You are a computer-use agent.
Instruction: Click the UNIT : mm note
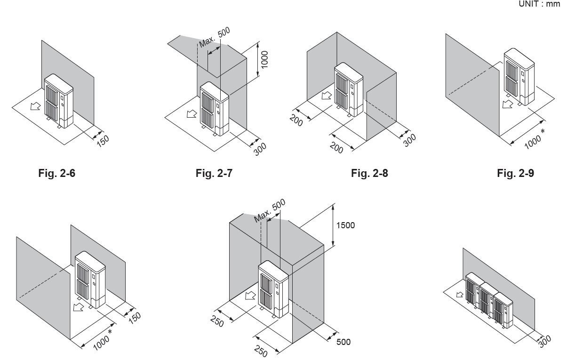[x=539, y=4]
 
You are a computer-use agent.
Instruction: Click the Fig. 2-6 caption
[x=57, y=173]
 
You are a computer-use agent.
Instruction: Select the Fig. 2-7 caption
[x=214, y=173]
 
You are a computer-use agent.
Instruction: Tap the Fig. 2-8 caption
[x=369, y=173]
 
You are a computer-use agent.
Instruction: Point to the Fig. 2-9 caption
[x=515, y=173]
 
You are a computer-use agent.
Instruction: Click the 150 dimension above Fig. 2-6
[x=103, y=141]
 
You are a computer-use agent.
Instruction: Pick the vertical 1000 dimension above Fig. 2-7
[x=264, y=60]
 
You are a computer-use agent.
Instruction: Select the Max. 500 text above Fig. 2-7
[x=215, y=37]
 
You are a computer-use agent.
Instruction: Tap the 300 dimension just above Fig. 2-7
[x=260, y=149]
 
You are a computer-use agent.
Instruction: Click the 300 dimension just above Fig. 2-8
[x=409, y=140]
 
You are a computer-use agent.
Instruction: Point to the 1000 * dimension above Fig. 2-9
[x=535, y=139]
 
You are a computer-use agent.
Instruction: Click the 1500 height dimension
[x=345, y=225]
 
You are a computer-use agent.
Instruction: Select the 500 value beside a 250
[x=343, y=342]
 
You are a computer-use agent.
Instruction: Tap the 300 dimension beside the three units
[x=545, y=342]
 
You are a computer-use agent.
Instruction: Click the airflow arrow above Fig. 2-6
[x=35, y=105]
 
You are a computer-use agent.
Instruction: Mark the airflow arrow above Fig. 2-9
[x=508, y=104]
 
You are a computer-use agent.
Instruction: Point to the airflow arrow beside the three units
[x=460, y=295]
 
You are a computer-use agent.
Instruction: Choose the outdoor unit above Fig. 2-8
[x=349, y=89]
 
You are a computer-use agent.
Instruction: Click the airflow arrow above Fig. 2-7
[x=192, y=113]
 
